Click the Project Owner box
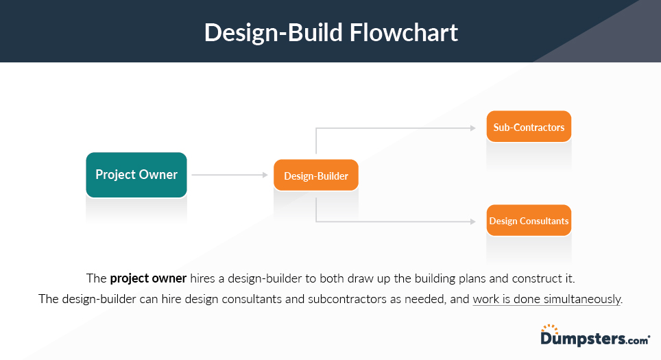pyautogui.click(x=136, y=175)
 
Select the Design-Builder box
pyautogui.click(x=316, y=176)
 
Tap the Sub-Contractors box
pyautogui.click(x=529, y=127)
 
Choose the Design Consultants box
pyautogui.click(x=529, y=221)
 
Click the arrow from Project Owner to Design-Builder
pyautogui.click(x=229, y=175)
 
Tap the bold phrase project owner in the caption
pyautogui.click(x=148, y=278)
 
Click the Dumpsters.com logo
pyautogui.click(x=594, y=338)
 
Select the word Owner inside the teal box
pyautogui.click(x=158, y=175)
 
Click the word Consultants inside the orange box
pyautogui.click(x=545, y=221)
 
